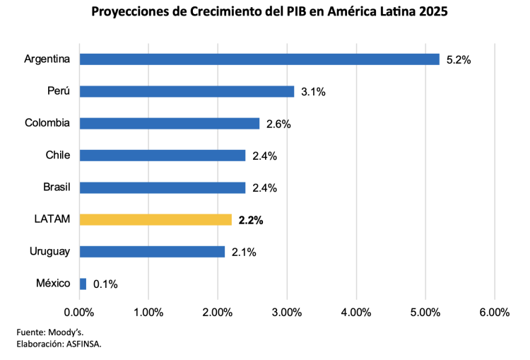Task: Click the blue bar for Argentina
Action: (x=259, y=59)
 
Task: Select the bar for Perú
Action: (x=187, y=91)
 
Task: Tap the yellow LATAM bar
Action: (x=155, y=219)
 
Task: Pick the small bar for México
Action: (x=83, y=284)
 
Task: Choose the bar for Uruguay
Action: (x=152, y=251)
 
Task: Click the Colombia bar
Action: (x=170, y=123)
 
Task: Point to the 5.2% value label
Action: (x=459, y=60)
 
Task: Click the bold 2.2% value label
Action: (x=251, y=220)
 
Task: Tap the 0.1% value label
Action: (x=105, y=284)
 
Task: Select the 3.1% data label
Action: (x=313, y=92)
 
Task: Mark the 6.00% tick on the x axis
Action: (x=494, y=312)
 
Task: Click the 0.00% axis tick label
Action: (x=79, y=312)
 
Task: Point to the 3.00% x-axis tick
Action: (x=287, y=312)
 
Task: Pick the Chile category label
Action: (x=57, y=155)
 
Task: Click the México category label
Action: (x=53, y=284)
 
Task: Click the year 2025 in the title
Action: (x=430, y=13)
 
